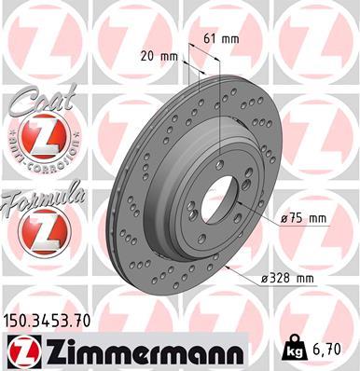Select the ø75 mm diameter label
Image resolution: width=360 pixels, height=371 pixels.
tap(306, 219)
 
